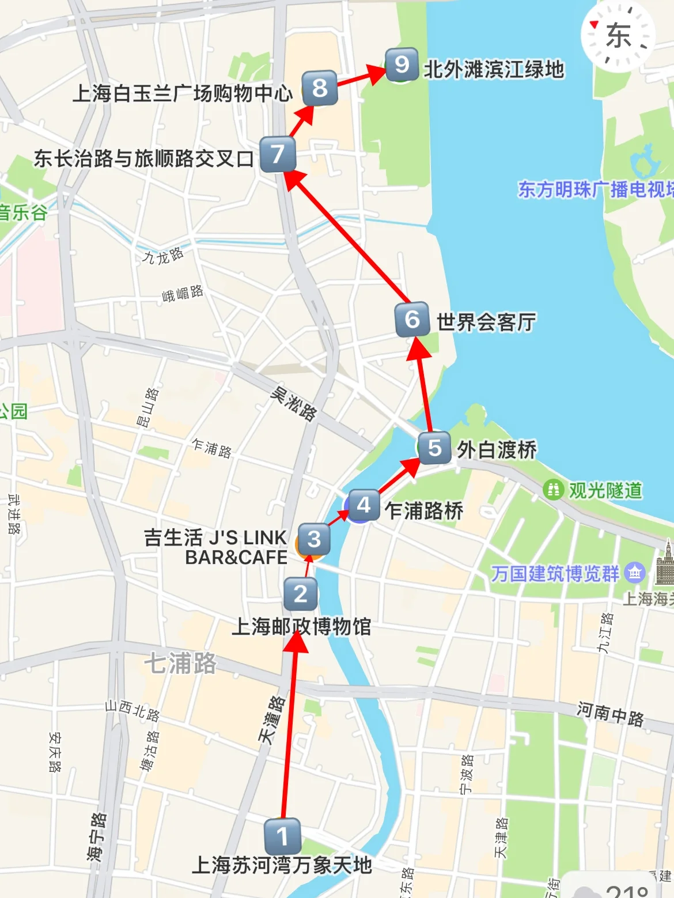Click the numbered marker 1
pyautogui.click(x=282, y=836)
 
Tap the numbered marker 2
pyautogui.click(x=300, y=594)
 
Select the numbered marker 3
pyautogui.click(x=314, y=539)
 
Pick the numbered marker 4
pyautogui.click(x=363, y=505)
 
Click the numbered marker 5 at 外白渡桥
pyautogui.click(x=435, y=448)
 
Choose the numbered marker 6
pyautogui.click(x=412, y=319)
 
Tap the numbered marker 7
pyautogui.click(x=278, y=154)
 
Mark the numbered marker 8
pyautogui.click(x=319, y=88)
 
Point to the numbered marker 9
pyautogui.click(x=402, y=65)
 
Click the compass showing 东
pyautogui.click(x=618, y=36)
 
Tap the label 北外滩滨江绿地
pyautogui.click(x=494, y=69)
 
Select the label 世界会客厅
pyautogui.click(x=486, y=322)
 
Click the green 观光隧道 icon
pyautogui.click(x=553, y=490)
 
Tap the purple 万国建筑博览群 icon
pyautogui.click(x=635, y=573)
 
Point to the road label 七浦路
pyautogui.click(x=180, y=663)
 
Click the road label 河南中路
pyautogui.click(x=610, y=714)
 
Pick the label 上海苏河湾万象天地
pyautogui.click(x=282, y=865)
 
